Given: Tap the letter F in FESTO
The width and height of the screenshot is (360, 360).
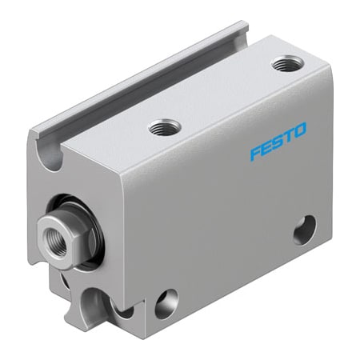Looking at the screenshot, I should (x=254, y=154).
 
